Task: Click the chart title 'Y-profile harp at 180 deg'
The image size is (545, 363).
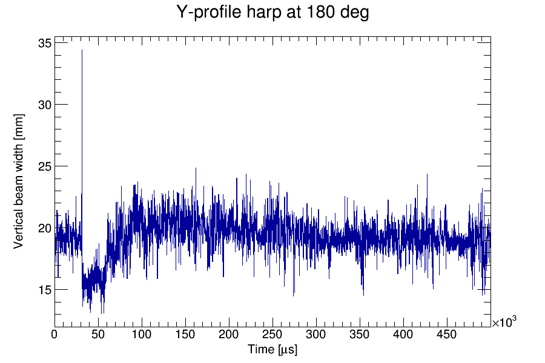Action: click(x=272, y=12)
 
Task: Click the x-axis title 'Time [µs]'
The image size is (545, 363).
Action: click(x=272, y=350)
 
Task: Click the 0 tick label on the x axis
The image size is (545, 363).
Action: click(x=54, y=334)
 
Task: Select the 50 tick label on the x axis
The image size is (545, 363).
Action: click(x=98, y=334)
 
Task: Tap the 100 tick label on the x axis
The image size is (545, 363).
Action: click(x=142, y=334)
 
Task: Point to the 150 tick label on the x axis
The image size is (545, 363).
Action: click(x=185, y=334)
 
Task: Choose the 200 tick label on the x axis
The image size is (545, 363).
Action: click(x=229, y=334)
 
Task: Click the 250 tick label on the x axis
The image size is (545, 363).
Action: click(x=272, y=334)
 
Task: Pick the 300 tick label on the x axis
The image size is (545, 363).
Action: click(x=316, y=334)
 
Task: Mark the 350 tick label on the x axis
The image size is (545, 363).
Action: click(x=360, y=334)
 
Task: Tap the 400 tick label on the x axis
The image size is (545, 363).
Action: click(x=403, y=334)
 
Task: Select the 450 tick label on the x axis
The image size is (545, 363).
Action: click(x=447, y=334)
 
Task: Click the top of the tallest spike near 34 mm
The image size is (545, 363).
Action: click(x=82, y=50)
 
